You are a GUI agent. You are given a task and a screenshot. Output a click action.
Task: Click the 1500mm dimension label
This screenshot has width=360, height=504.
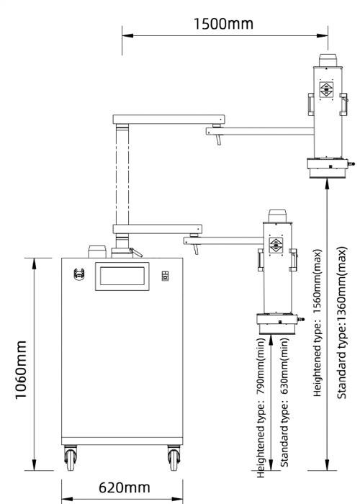click(x=223, y=24)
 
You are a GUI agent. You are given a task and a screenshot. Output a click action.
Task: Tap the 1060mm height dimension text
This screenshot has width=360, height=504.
click(x=21, y=369)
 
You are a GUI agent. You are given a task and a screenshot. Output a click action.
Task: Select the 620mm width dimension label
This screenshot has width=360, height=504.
click(x=125, y=487)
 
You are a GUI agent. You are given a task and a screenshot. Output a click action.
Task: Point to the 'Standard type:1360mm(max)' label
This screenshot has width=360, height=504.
click(x=342, y=323)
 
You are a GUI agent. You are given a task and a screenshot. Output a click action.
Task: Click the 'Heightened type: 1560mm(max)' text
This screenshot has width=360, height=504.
click(x=318, y=323)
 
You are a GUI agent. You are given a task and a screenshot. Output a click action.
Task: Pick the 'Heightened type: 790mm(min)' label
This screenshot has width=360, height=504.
click(x=261, y=408)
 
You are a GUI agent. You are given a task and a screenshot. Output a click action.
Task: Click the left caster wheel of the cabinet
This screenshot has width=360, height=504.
click(x=71, y=458)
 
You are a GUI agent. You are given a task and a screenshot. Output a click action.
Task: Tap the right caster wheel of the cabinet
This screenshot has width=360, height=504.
click(x=174, y=458)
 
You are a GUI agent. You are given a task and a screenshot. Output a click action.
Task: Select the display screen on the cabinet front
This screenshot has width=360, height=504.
click(x=122, y=276)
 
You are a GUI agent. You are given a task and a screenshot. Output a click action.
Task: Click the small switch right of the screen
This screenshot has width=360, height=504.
click(x=165, y=276)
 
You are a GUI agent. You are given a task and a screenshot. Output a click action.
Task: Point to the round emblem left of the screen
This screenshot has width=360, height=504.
click(x=78, y=274)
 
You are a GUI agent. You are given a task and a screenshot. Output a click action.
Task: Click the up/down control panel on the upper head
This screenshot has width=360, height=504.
click(x=326, y=89)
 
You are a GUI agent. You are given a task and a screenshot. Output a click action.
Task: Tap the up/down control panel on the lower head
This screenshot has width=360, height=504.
click(x=276, y=246)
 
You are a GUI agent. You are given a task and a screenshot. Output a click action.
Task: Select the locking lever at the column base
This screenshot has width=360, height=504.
click(x=136, y=252)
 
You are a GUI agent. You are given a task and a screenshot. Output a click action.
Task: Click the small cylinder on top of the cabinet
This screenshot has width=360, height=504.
click(x=97, y=252)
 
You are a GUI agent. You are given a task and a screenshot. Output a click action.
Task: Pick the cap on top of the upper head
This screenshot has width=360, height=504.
click(x=328, y=60)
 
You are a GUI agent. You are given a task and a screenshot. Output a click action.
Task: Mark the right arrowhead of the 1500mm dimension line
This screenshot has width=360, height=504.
click(x=323, y=35)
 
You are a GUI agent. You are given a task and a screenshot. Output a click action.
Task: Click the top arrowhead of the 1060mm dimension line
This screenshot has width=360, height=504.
click(x=35, y=264)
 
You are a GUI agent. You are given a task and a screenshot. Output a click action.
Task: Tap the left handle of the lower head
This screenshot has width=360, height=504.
click(x=261, y=260)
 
